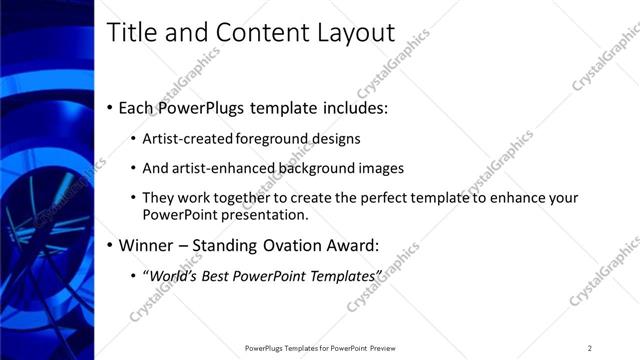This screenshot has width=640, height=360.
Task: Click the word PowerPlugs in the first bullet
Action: tap(207, 107)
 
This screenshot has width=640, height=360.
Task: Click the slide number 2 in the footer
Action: tap(590, 348)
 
